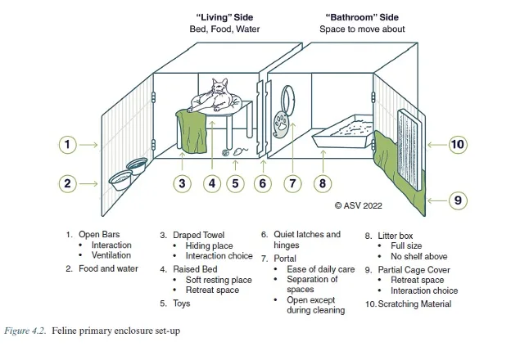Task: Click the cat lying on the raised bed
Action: click(x=215, y=95)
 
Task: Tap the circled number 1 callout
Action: click(x=70, y=145)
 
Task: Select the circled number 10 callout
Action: click(x=457, y=145)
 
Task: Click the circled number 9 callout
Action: click(x=457, y=200)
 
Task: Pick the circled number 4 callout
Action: click(x=212, y=183)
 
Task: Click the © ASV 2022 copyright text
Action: click(x=359, y=205)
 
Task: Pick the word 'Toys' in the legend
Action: click(x=181, y=304)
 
